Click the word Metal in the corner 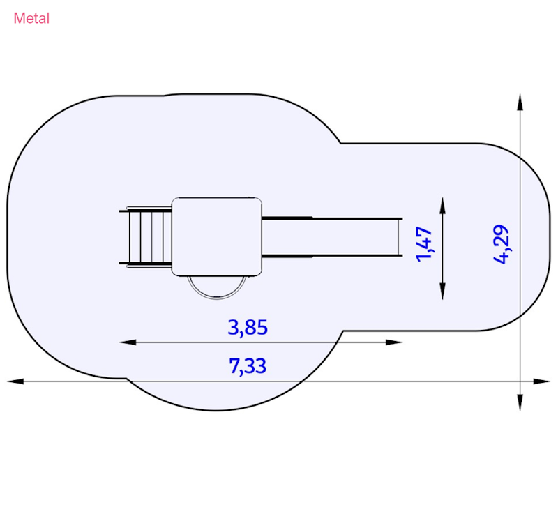31,18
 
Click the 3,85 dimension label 248,328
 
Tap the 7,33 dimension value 248,365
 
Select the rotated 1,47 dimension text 424,244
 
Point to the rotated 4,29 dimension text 502,244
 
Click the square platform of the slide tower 217,236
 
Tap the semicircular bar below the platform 217,292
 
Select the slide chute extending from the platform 332,236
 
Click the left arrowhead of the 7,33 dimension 15,381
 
